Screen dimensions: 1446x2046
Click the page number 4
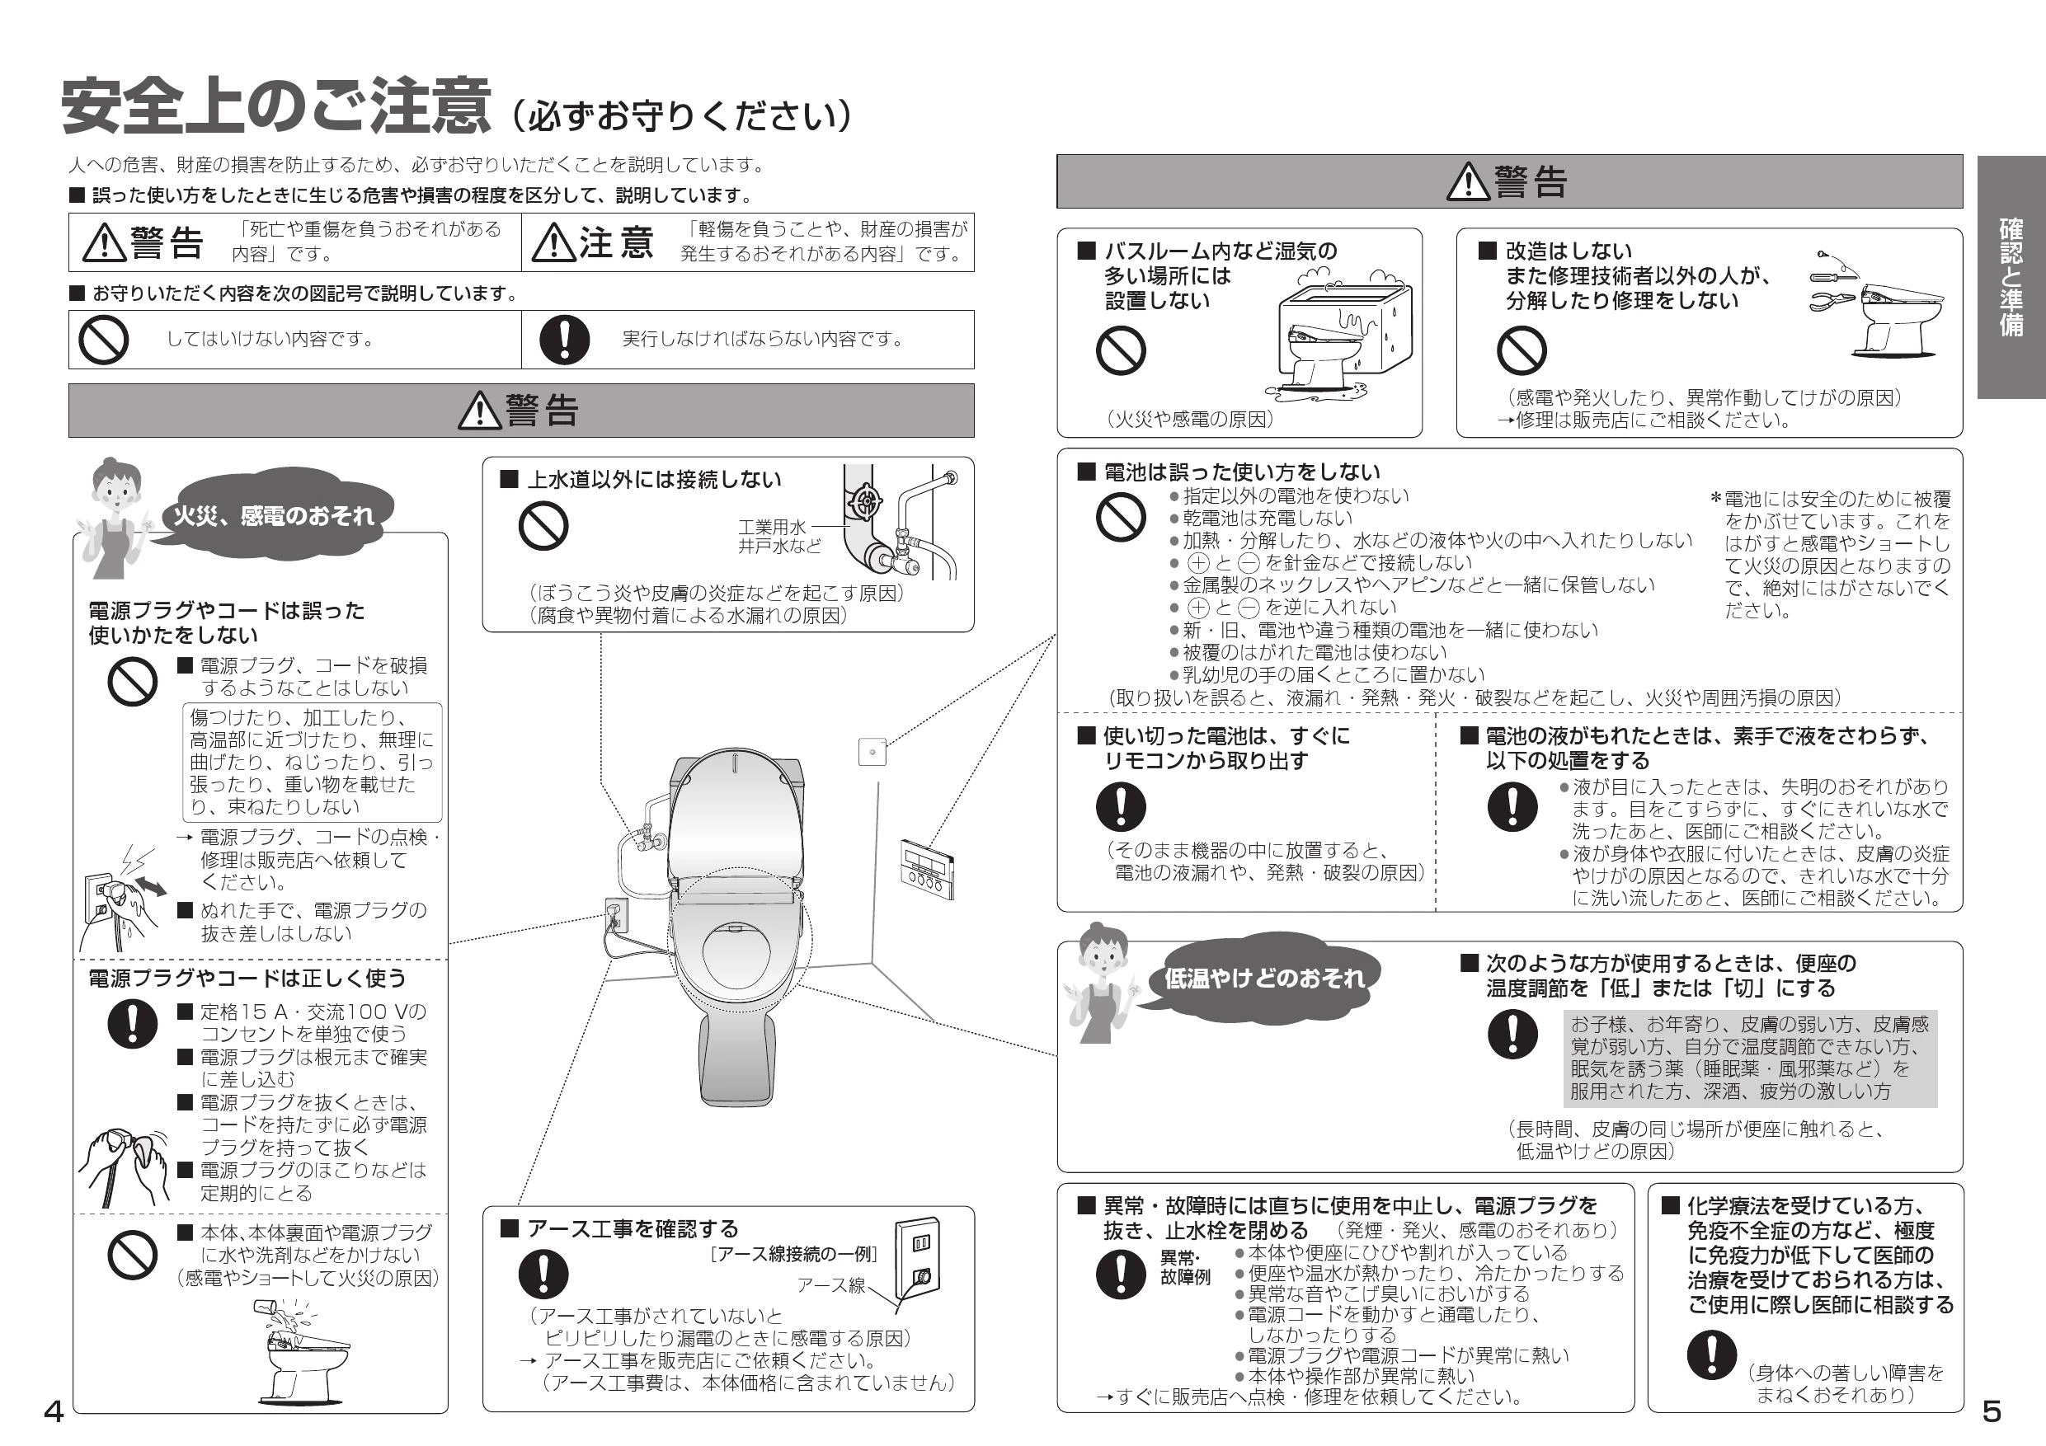click(x=53, y=1411)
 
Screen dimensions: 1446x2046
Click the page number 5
click(x=1992, y=1411)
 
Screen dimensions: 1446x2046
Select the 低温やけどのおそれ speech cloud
click(x=1263, y=979)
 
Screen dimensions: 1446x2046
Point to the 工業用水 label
click(x=771, y=527)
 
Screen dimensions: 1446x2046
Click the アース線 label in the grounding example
click(x=830, y=1285)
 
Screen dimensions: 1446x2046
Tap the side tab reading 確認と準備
click(x=2011, y=277)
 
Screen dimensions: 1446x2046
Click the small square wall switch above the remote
click(x=872, y=752)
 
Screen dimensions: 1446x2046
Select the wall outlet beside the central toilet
click(x=616, y=916)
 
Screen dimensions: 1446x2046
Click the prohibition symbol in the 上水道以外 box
click(x=543, y=526)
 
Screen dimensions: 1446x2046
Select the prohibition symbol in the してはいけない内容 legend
click(x=103, y=340)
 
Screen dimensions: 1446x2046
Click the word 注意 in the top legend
click(x=617, y=242)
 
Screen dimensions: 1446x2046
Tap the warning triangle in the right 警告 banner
click(x=1468, y=181)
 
